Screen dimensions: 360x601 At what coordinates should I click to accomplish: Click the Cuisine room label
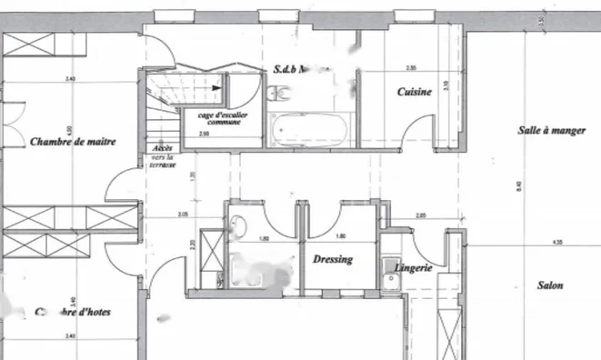click(x=412, y=92)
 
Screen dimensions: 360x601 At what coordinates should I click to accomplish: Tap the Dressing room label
click(x=332, y=259)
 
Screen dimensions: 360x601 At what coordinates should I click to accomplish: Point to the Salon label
click(x=549, y=285)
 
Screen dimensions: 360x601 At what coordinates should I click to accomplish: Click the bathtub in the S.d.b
click(x=309, y=130)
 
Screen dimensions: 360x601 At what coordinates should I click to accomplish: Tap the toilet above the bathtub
click(x=280, y=89)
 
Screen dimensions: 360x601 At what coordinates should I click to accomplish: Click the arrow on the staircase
click(x=215, y=85)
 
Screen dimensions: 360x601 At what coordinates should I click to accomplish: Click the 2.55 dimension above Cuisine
click(x=411, y=68)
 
